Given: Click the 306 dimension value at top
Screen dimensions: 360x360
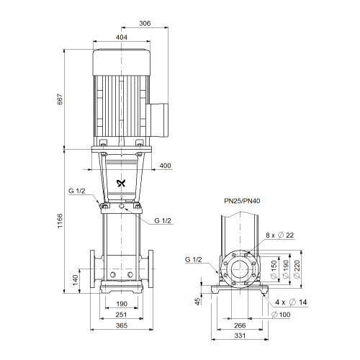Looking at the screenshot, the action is pyautogui.click(x=145, y=23).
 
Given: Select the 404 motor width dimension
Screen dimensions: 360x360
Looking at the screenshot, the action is pyautogui.click(x=122, y=37).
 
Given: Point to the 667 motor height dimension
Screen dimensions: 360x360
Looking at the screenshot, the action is pyautogui.click(x=60, y=99).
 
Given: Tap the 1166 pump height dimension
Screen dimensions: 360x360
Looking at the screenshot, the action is pyautogui.click(x=60, y=220).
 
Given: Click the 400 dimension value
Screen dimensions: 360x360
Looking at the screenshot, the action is pyautogui.click(x=165, y=166).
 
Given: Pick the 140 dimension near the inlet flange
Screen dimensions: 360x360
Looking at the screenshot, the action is pyautogui.click(x=76, y=280).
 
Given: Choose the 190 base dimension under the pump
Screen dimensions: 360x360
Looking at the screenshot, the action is pyautogui.click(x=122, y=304).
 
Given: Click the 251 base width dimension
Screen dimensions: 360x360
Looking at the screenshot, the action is pyautogui.click(x=121, y=315).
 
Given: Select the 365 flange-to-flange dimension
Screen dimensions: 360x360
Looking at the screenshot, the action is pyautogui.click(x=122, y=325).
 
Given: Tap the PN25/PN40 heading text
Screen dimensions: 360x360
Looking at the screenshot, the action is pyautogui.click(x=242, y=201).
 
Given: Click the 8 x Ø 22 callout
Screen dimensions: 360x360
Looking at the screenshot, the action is pyautogui.click(x=279, y=235).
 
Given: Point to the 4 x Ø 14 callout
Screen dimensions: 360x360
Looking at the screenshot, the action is pyautogui.click(x=291, y=302).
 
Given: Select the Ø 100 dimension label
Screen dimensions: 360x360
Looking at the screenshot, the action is pyautogui.click(x=281, y=315).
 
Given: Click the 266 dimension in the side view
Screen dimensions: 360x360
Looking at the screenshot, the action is pyautogui.click(x=240, y=325).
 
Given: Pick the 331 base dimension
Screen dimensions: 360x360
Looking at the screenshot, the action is pyautogui.click(x=240, y=336).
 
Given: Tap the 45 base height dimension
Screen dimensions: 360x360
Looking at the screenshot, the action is pyautogui.click(x=197, y=302).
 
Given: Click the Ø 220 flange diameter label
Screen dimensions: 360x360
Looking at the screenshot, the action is pyautogui.click(x=297, y=269).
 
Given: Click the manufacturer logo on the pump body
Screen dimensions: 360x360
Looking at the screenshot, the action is pyautogui.click(x=121, y=184).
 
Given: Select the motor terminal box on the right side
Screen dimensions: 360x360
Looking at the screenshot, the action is pyautogui.click(x=158, y=120).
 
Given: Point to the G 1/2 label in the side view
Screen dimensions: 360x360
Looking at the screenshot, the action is pyautogui.click(x=194, y=259).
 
